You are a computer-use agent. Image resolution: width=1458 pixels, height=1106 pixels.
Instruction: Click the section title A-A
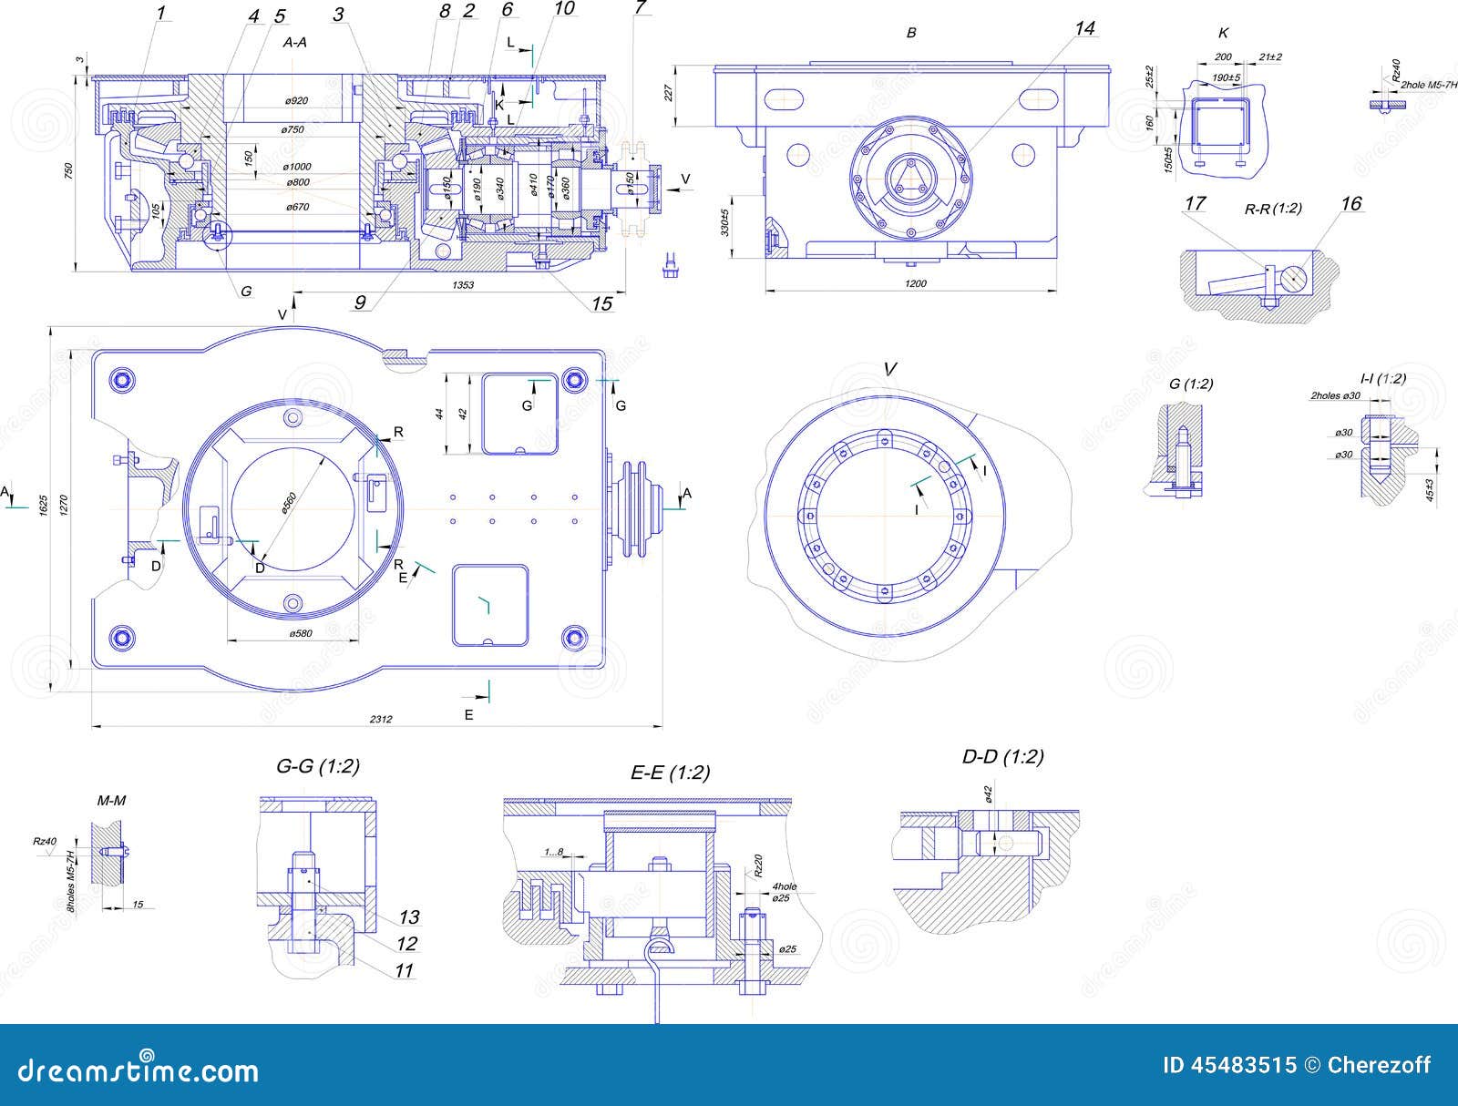(x=294, y=42)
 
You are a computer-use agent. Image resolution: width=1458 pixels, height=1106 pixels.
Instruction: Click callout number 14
(x=1083, y=29)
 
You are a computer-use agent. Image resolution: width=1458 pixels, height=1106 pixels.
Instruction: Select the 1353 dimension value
(x=463, y=285)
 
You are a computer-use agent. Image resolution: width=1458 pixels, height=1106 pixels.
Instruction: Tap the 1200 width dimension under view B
(x=915, y=284)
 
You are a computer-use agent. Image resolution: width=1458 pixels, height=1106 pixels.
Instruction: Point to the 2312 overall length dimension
(x=381, y=720)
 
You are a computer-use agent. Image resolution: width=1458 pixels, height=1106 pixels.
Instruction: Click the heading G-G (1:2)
(x=318, y=766)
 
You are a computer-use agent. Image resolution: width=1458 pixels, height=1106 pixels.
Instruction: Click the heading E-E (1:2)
(x=670, y=773)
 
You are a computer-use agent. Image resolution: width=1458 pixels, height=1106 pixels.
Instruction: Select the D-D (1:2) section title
(x=1002, y=757)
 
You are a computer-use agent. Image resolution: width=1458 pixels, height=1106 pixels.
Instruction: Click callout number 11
(x=404, y=971)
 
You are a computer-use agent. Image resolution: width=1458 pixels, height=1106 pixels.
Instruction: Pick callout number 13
(x=408, y=917)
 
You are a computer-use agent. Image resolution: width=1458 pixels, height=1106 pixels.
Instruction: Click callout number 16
(x=1350, y=203)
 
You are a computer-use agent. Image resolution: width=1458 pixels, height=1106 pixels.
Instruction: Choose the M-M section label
(x=111, y=801)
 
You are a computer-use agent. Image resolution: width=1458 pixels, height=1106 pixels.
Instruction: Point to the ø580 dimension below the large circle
(x=301, y=633)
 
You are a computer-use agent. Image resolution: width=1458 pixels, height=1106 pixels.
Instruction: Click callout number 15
(x=601, y=303)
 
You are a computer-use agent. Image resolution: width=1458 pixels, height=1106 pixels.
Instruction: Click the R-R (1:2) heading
(x=1273, y=209)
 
